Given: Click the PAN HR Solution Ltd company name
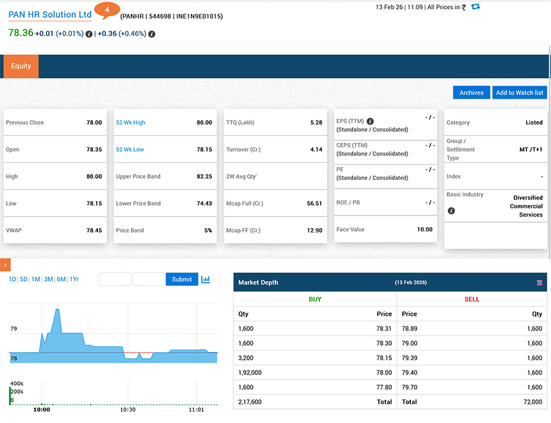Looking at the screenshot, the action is coord(50,15).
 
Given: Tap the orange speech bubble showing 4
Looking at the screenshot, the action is coord(107,10).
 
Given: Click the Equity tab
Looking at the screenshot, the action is coord(21,66).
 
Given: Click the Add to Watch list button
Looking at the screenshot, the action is coord(519,93).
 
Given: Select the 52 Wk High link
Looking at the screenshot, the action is coord(131,122).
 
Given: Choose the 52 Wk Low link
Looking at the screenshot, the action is coord(130,149).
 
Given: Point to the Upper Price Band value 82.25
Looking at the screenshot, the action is coord(204,176).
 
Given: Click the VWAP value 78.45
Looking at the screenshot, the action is coord(94,230).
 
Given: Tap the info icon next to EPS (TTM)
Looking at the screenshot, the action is coord(370,121).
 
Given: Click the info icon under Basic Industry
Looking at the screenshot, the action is coord(451,211).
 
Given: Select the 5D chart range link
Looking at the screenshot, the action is coord(23,279).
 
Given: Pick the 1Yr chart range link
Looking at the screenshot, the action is coord(74,279).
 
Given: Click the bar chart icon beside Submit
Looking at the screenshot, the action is coord(206,279).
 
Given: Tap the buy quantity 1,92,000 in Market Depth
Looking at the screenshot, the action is coord(250,373).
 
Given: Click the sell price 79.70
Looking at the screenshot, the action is coord(410,387).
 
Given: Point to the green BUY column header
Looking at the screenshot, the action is coord(315,299).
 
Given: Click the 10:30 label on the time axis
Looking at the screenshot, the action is coord(128,410).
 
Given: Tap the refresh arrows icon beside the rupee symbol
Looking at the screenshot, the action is coord(476,7).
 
